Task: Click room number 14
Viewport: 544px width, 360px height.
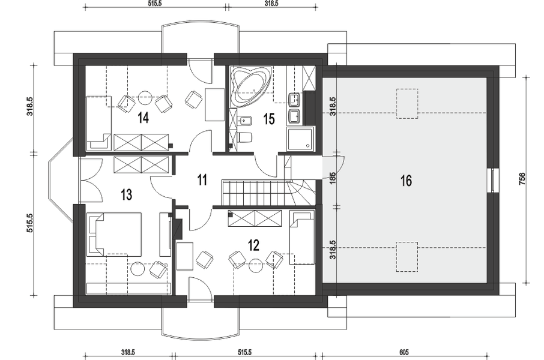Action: coord(144,118)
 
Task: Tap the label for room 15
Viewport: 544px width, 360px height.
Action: coord(269,119)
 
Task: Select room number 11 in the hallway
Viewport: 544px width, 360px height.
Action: coord(202,180)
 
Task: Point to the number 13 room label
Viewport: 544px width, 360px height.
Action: coord(127,194)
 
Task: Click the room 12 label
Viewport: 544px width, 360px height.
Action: coord(254,245)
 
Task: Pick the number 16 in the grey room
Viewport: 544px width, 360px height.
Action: coord(406,181)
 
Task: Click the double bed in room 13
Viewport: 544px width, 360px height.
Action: coord(114,234)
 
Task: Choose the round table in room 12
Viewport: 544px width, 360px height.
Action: coord(256,265)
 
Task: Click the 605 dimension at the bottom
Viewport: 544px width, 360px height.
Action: coord(404,352)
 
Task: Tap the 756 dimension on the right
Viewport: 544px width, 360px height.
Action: coord(522,179)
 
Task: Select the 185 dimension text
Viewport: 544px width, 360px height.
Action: coord(333,178)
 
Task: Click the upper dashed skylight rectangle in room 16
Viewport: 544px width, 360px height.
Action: coord(407,104)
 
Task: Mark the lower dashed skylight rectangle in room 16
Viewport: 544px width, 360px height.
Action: coord(407,257)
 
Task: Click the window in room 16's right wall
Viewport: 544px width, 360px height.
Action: coord(494,180)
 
